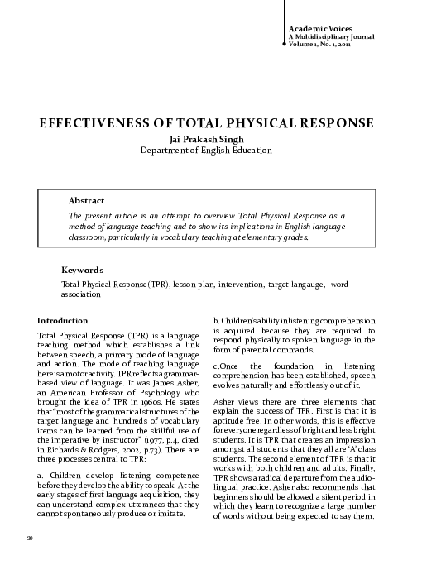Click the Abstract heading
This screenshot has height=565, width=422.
[86, 201]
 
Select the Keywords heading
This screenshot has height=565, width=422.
[82, 271]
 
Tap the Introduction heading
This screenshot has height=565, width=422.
[63, 320]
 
